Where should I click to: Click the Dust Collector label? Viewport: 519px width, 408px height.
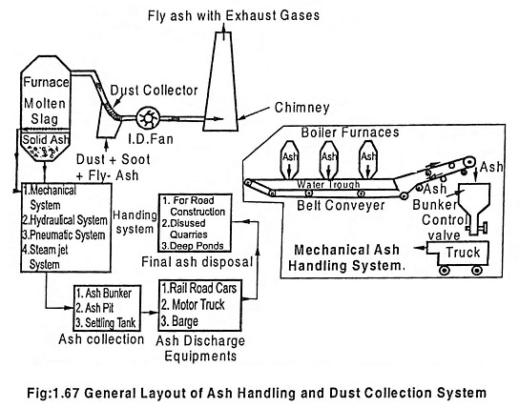click(140, 89)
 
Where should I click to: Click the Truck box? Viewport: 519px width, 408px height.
click(451, 254)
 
